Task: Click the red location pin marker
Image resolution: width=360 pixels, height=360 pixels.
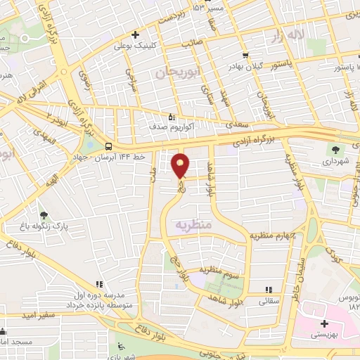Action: (181, 165)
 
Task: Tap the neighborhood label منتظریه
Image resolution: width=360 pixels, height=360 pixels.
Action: (193, 226)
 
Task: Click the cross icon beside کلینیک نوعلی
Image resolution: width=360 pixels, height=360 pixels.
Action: (136, 34)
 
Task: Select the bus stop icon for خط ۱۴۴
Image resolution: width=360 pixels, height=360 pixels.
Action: (108, 146)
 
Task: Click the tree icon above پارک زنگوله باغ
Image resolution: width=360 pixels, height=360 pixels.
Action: (44, 215)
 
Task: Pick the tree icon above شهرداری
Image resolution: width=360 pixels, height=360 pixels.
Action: (335, 149)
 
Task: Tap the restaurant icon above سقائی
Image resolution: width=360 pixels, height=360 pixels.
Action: (268, 289)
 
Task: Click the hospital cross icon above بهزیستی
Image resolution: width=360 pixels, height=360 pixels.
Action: (323, 324)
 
